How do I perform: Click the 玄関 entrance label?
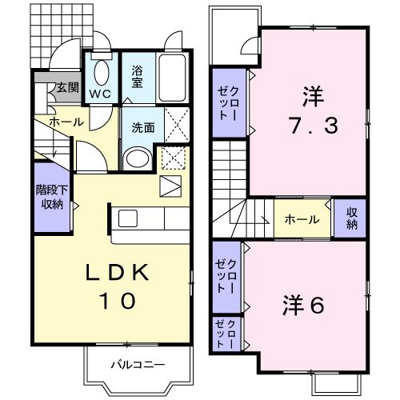click(66, 89)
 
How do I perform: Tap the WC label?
click(101, 93)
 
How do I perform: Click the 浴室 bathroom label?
click(138, 78)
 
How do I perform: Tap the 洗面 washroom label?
click(142, 126)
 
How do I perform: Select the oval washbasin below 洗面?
click(138, 157)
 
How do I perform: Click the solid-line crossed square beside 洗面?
click(175, 126)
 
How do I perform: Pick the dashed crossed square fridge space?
click(172, 158)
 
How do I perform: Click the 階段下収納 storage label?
click(52, 197)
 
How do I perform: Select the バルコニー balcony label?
click(138, 365)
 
